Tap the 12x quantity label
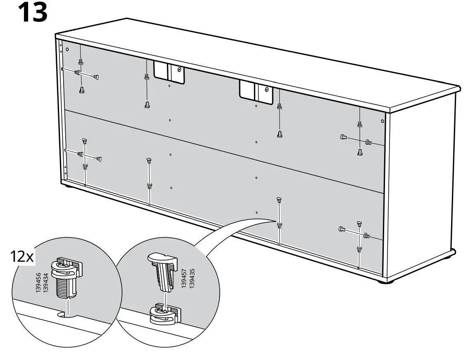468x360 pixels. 21,257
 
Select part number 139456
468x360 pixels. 38,283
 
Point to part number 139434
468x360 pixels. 46,283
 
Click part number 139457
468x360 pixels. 184,278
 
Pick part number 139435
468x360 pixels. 192,278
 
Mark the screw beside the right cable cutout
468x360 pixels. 266,89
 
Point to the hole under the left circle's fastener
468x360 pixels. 65,315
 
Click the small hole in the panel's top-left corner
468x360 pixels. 68,49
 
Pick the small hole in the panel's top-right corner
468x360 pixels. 382,121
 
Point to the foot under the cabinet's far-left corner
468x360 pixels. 67,187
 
